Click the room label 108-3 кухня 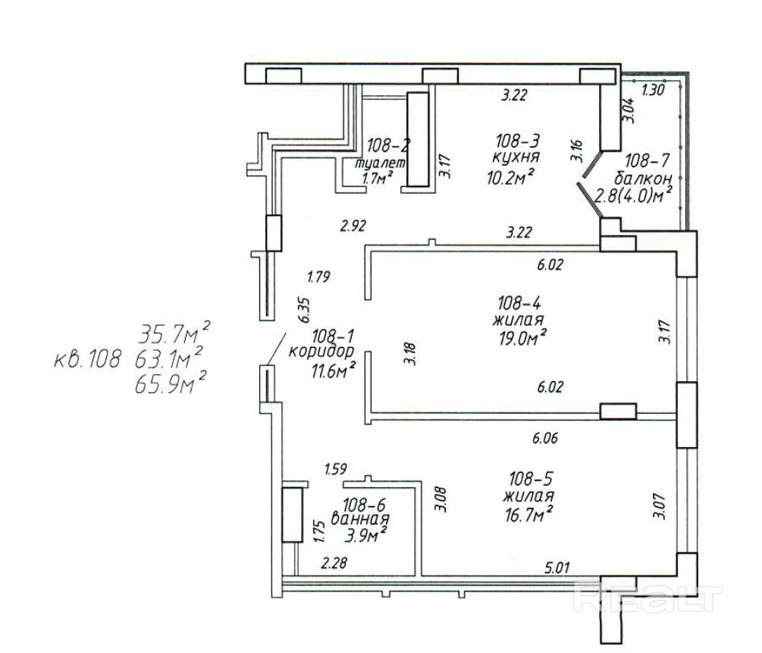pos(516,148)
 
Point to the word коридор pos(321,351)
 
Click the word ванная pos(360,518)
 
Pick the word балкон pos(643,178)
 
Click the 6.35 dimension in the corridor pos(305,311)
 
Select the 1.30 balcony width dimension pos(653,90)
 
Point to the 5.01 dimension pos(557,567)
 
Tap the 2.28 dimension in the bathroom pos(334,563)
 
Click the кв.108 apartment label pos(86,360)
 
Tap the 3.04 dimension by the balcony pos(629,111)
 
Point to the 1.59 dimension pos(335,469)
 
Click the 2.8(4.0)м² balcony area pos(634,195)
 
